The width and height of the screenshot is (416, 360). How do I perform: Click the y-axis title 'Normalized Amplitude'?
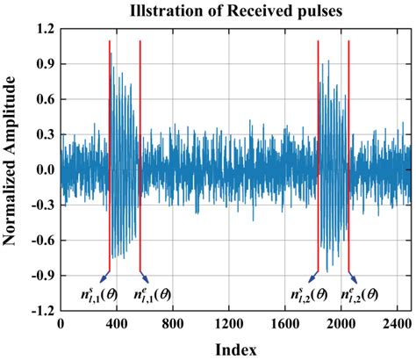pyautogui.click(x=12, y=169)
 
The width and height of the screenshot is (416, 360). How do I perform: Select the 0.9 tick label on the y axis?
pyautogui.click(x=41, y=64)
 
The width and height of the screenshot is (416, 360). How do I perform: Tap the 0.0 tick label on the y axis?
pyautogui.click(x=41, y=169)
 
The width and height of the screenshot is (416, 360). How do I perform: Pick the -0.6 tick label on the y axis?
pyautogui.click(x=39, y=240)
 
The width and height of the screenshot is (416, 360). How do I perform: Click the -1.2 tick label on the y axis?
pyautogui.click(x=39, y=310)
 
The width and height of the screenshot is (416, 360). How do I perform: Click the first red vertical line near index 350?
pyautogui.click(x=110, y=158)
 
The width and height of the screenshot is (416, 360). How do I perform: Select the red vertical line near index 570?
pyautogui.click(x=140, y=158)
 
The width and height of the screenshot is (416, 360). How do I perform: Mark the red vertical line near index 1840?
pyautogui.click(x=318, y=158)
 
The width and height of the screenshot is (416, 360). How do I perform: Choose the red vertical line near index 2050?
pyautogui.click(x=348, y=158)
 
